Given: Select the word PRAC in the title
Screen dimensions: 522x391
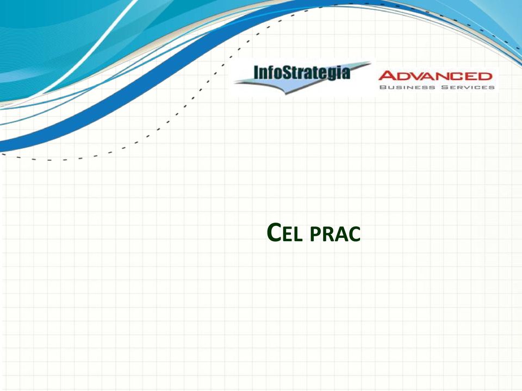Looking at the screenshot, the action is (x=335, y=235).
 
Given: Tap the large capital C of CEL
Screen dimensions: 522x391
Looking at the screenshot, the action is (x=275, y=233).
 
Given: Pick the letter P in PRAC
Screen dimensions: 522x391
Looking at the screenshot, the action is (x=315, y=235).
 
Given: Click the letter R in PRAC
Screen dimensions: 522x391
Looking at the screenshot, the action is (x=328, y=235).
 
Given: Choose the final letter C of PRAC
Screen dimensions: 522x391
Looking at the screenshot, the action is (x=355, y=235).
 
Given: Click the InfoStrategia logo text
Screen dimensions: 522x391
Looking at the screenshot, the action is (x=302, y=73).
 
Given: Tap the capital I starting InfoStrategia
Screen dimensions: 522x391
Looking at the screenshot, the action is (x=256, y=72).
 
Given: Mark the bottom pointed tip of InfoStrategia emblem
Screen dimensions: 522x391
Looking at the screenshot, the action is (x=286, y=94).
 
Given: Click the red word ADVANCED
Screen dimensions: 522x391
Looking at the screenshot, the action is (x=435, y=76).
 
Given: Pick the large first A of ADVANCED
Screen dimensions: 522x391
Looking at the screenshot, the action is (x=387, y=76).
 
